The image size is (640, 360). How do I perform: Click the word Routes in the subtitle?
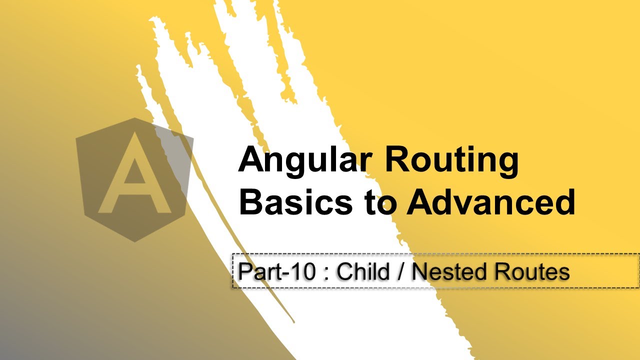coord(531,272)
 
